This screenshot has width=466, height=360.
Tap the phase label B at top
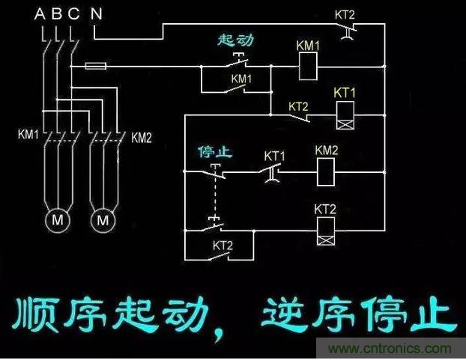pos(57,13)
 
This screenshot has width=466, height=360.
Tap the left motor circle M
pos(58,221)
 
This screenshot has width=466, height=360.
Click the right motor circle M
pos(104,221)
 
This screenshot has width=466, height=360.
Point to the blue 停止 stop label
pos(214,153)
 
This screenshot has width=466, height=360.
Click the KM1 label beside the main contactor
pos(29,136)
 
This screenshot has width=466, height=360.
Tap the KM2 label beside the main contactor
pos(142,138)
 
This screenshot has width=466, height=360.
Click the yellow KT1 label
pos(345,93)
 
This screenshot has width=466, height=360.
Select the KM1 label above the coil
pos(309,46)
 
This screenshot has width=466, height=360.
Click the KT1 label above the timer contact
pos(275,156)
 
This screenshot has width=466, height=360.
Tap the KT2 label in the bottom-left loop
pos(223,245)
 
